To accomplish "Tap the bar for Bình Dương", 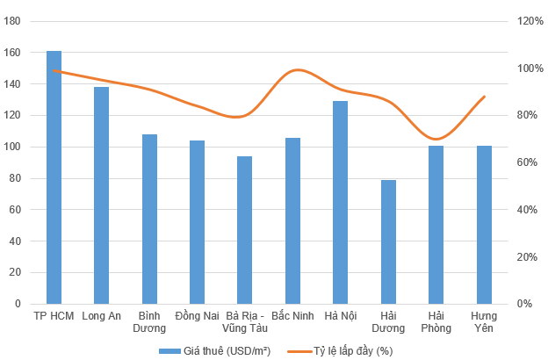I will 149,219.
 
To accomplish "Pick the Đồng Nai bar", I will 197,222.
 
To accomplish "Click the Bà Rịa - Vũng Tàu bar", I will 245,230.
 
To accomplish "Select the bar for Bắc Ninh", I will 292,220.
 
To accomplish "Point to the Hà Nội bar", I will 341,202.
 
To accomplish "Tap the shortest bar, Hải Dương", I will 388,241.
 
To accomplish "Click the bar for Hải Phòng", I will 436,225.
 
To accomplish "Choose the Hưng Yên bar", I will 484,225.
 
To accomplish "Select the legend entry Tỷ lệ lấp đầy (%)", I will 351,351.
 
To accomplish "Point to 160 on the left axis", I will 15,53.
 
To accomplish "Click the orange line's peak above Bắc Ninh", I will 297,69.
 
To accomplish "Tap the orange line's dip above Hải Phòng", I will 435,139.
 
